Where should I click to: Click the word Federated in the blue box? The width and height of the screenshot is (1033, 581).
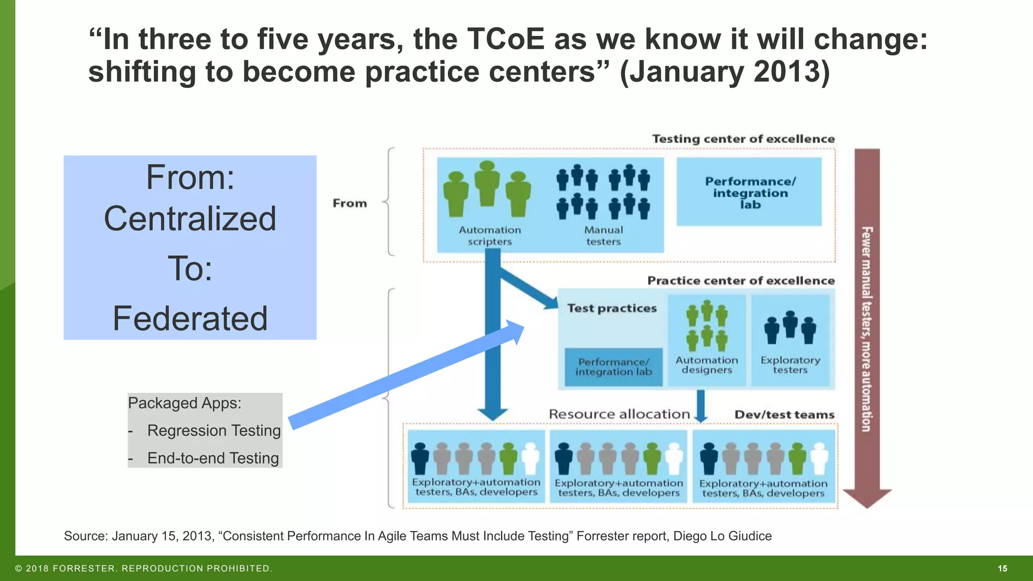(x=190, y=319)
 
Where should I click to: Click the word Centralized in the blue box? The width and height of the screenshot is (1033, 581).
(x=190, y=219)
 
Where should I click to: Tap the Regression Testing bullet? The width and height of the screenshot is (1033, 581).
(x=213, y=431)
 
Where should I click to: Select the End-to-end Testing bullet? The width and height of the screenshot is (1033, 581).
(x=212, y=458)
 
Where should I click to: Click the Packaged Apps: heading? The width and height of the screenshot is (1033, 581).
(x=185, y=403)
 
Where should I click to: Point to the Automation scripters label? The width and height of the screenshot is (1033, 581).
(x=489, y=236)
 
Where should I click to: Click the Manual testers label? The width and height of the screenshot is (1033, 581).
(x=603, y=236)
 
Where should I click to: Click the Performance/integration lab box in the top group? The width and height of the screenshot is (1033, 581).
(x=749, y=192)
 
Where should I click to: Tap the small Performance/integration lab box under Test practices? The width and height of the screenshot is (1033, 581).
(x=613, y=367)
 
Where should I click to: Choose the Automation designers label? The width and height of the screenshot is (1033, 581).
(x=706, y=365)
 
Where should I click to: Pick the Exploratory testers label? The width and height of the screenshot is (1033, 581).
(x=790, y=365)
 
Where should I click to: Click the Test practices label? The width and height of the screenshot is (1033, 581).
(x=612, y=308)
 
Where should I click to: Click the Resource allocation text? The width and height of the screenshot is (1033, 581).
(x=619, y=414)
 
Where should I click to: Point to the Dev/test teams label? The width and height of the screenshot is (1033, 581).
(x=784, y=415)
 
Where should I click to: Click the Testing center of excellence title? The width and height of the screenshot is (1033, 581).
(x=743, y=139)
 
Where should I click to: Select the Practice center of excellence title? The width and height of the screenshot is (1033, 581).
(x=740, y=280)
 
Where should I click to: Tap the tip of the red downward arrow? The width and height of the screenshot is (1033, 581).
(x=867, y=505)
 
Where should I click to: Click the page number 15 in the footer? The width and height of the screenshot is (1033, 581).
(x=1002, y=568)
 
